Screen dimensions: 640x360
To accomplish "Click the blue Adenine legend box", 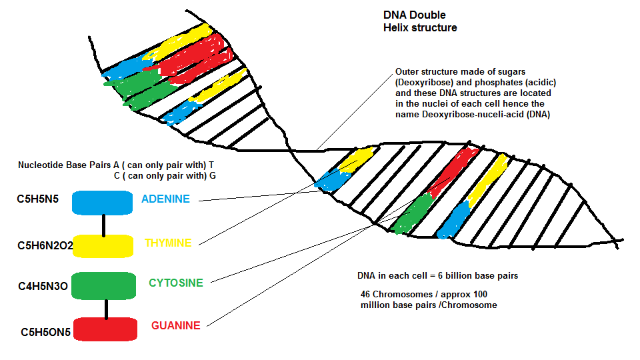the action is tap(103, 203).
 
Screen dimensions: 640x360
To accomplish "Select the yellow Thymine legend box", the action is tap(103, 246).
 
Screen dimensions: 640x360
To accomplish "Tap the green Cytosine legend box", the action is tap(104, 286).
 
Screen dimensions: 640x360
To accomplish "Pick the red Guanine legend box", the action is tap(105, 329).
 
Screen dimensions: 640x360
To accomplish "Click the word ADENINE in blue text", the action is tap(166, 199).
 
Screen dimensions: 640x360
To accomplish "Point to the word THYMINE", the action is tap(168, 243).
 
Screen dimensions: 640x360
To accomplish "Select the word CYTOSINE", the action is tap(176, 283).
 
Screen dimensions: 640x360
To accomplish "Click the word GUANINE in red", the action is tap(176, 325).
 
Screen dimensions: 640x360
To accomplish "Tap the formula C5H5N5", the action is tap(37, 199).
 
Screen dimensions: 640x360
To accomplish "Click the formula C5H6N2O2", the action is tap(45, 245).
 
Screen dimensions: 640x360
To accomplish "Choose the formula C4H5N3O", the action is tap(43, 286).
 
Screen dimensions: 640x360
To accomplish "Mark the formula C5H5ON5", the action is tap(46, 332).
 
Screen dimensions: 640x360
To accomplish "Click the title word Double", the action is tap(428, 15).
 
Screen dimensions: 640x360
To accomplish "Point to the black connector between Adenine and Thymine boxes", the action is tap(104, 225).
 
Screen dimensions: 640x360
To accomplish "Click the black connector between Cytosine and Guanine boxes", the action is tap(107, 309).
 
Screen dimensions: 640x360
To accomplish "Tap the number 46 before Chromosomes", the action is tap(365, 294).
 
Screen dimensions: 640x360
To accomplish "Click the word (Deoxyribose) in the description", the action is tap(425, 83).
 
